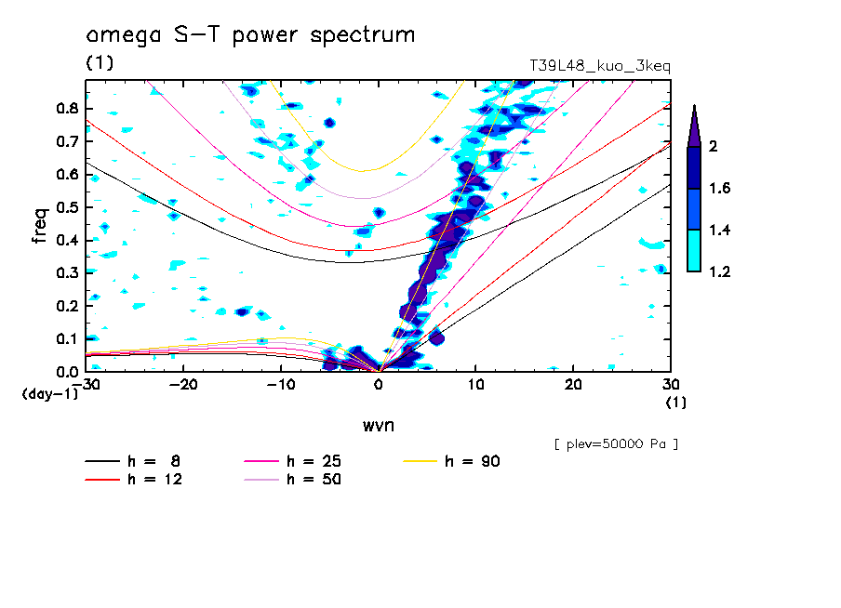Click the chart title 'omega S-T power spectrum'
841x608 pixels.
click(250, 36)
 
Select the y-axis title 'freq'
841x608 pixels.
click(40, 225)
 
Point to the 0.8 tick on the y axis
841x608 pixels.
click(66, 108)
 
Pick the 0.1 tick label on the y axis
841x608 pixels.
click(66, 338)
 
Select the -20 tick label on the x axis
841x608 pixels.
click(183, 385)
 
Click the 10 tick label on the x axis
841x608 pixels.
click(475, 385)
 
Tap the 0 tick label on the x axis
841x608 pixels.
click(379, 385)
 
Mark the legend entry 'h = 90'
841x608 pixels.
click(474, 461)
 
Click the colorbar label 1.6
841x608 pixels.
click(720, 188)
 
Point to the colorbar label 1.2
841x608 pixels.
click(720, 271)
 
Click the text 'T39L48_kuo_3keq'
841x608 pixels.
click(599, 66)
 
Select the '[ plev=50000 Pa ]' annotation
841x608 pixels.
click(616, 444)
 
